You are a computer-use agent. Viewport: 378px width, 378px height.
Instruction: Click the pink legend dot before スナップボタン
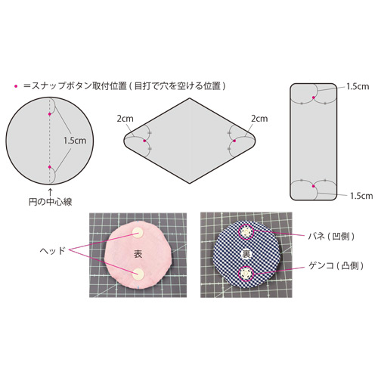point(16,86)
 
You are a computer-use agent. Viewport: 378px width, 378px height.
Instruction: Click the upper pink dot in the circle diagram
point(50,114)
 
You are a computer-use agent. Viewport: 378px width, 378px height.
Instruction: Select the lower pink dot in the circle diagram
point(50,167)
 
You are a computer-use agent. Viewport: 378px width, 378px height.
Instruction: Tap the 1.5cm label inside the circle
point(75,141)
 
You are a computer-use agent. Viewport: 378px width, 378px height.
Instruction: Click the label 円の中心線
point(51,202)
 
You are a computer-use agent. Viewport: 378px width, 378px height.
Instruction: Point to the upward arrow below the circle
point(51,192)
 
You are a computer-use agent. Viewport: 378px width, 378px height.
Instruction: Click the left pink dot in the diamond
point(144,141)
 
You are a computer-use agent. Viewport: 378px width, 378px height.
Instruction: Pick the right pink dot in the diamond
point(234,141)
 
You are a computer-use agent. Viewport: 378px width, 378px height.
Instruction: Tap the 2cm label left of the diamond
point(125,119)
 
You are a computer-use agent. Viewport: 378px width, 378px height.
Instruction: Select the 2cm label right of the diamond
point(259,119)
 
